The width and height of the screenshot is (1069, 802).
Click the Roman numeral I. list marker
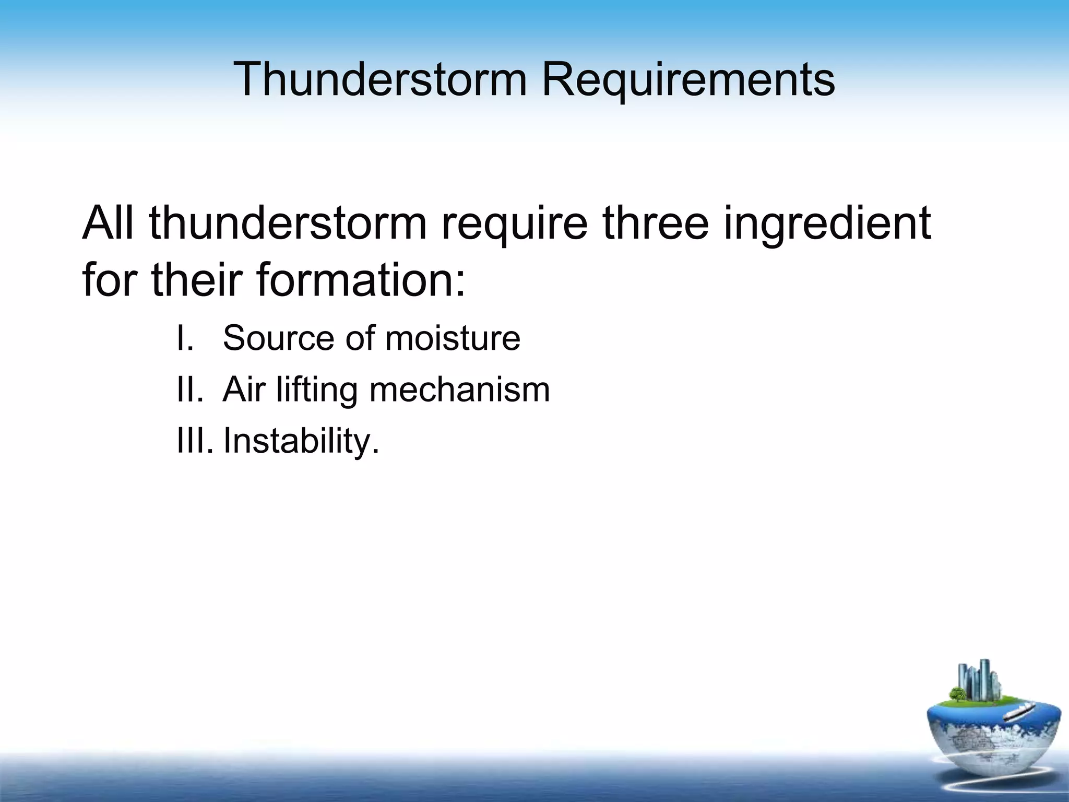[x=185, y=338]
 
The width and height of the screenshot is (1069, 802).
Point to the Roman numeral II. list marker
[x=189, y=390]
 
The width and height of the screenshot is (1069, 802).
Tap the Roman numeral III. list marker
[x=195, y=441]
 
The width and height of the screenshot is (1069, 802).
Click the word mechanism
[x=459, y=390]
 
